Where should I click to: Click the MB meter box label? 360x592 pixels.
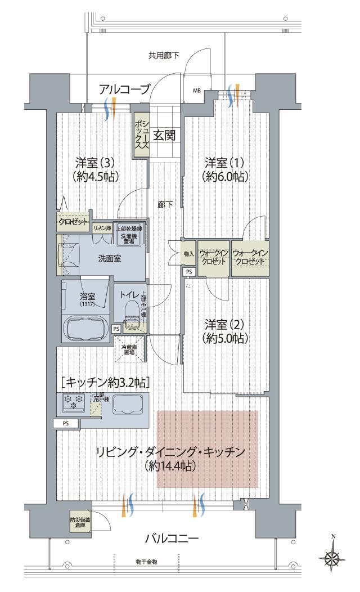point(197,90)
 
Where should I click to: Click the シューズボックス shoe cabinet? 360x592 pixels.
point(141,134)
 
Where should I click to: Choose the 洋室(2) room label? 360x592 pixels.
point(227,331)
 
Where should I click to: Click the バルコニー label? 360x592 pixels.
point(172,539)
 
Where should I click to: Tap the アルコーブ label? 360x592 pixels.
point(124,88)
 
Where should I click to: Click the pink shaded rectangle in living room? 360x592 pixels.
point(207,449)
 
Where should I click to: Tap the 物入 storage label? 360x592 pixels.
point(189,254)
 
